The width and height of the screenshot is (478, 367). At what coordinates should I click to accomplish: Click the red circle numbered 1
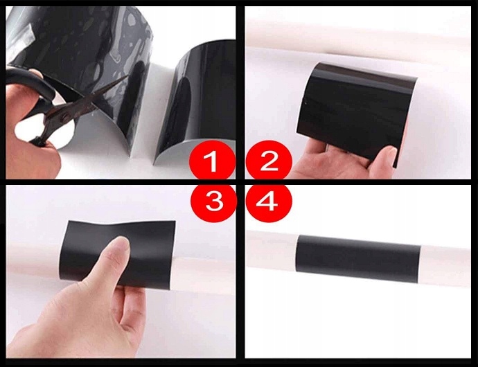(x=212, y=161)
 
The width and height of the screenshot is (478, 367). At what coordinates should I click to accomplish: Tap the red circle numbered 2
(x=269, y=161)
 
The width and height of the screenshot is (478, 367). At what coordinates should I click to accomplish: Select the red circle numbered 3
(x=213, y=202)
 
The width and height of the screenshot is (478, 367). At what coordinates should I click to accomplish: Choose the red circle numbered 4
(x=269, y=202)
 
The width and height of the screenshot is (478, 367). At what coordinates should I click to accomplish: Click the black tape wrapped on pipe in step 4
(x=358, y=258)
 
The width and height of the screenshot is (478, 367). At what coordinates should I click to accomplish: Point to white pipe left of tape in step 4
(x=272, y=250)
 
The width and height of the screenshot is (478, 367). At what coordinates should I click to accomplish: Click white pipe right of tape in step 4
(x=445, y=265)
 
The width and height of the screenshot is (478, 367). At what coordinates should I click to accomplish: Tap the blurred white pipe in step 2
(x=357, y=37)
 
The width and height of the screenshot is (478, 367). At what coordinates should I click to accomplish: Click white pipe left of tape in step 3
(x=33, y=259)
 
